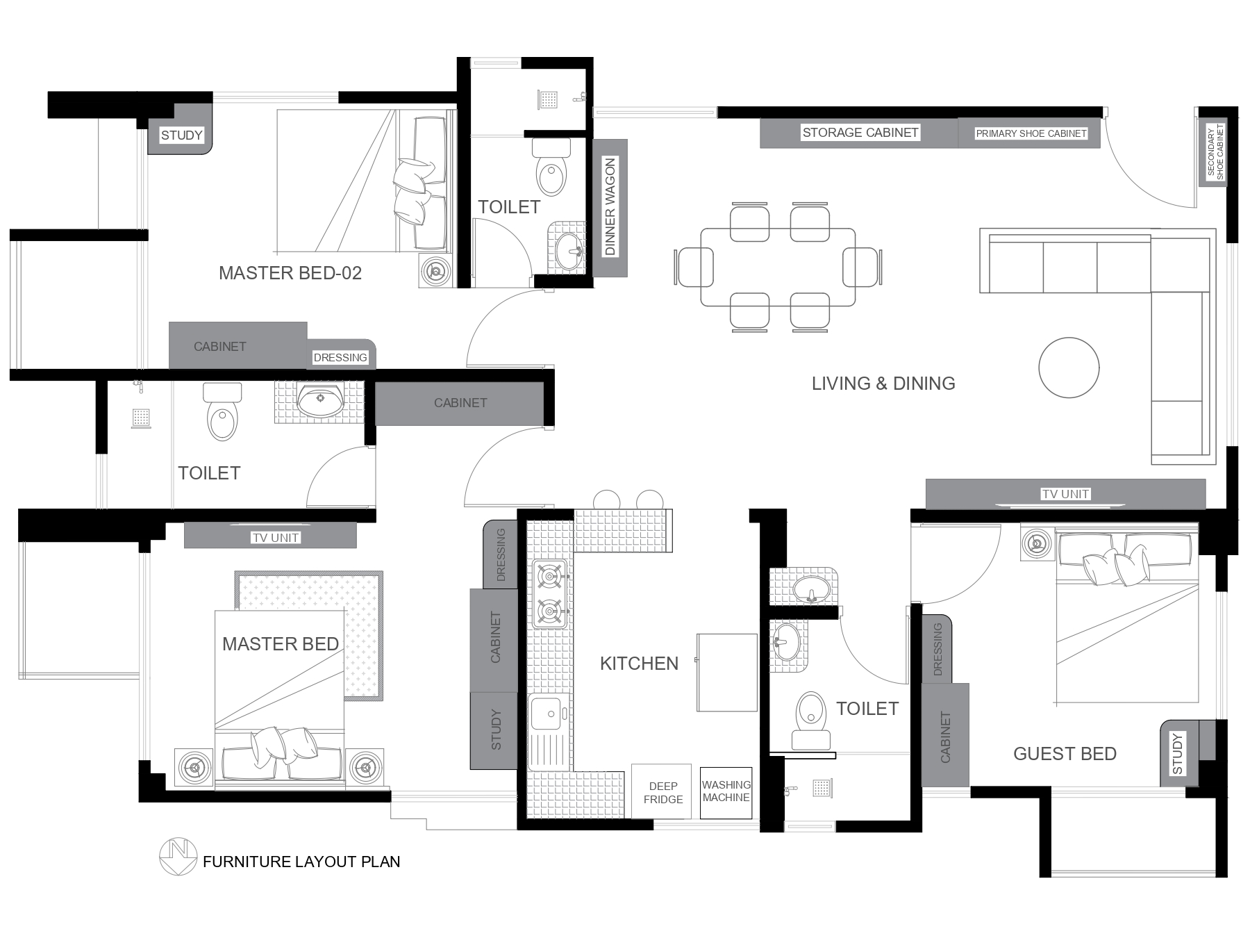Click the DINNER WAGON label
click(610, 207)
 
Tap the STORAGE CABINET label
click(860, 133)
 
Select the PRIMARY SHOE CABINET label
click(1031, 133)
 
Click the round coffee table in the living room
click(1069, 368)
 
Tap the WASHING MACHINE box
click(726, 792)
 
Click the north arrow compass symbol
click(178, 856)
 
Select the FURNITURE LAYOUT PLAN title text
click(301, 862)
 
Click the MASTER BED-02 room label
click(290, 273)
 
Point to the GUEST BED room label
click(1065, 754)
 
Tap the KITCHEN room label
click(639, 664)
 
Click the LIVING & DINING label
click(883, 384)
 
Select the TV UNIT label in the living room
click(1065, 494)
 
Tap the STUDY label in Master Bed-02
click(181, 135)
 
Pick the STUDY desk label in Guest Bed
click(1177, 753)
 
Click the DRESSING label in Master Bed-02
click(340, 358)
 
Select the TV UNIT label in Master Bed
click(276, 538)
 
